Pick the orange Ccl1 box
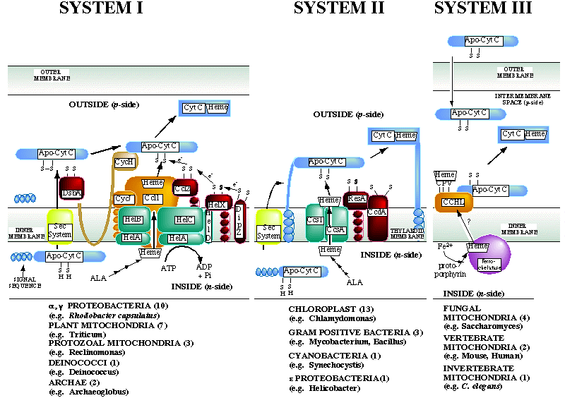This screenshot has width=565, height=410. (152, 199)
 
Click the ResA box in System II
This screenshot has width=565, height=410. (356, 200)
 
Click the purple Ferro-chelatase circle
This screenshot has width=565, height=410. (489, 252)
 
